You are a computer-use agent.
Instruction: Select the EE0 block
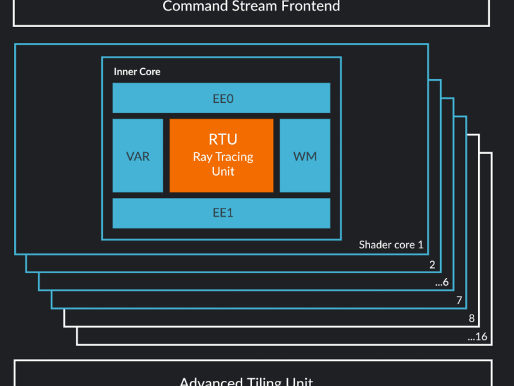222,98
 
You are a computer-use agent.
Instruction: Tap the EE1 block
222,213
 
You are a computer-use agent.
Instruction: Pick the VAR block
137,156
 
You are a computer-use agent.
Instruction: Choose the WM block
305,156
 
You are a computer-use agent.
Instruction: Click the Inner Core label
137,71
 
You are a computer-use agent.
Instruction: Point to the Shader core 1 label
391,244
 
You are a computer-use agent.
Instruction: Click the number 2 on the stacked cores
432,264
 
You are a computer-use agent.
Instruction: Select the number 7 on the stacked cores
458,300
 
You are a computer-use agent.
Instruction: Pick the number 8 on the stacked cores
471,318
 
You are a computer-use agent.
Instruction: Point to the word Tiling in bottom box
263,381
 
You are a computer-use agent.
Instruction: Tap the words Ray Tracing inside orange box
222,156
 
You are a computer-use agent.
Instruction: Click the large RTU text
222,139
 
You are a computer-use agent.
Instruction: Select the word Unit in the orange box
222,171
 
